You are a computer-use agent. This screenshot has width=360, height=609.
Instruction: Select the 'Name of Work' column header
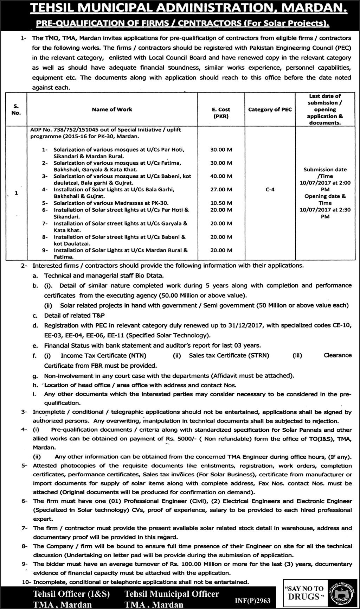(112, 109)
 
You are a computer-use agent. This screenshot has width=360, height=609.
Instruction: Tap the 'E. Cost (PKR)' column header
(221, 113)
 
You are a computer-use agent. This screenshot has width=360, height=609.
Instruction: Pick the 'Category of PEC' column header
(270, 109)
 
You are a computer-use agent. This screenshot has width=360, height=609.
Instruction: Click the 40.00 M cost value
(221, 176)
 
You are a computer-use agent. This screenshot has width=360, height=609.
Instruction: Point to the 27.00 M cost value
(221, 189)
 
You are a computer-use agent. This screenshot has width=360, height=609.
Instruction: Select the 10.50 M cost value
(221, 203)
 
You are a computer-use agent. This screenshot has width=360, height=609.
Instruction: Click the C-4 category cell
(270, 189)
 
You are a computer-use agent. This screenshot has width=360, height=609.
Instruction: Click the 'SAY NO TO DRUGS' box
(304, 593)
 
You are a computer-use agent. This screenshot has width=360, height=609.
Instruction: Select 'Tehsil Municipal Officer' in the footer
(172, 594)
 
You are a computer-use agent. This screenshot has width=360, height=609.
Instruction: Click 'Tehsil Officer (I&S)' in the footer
(71, 594)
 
